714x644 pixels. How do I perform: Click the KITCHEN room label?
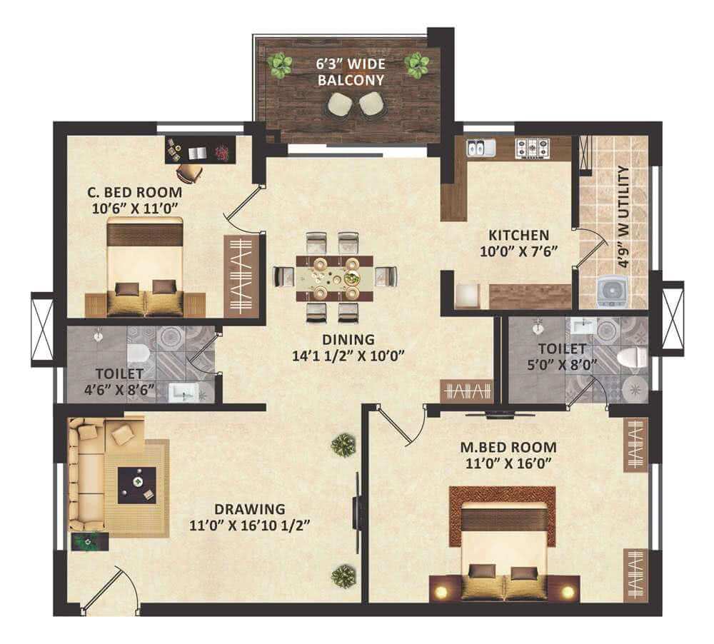518,236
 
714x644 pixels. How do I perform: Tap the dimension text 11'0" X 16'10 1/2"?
249,525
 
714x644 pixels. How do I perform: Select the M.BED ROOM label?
508,447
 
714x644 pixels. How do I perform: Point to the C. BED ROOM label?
135,192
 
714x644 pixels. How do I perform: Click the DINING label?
348,339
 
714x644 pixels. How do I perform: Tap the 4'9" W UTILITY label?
624,217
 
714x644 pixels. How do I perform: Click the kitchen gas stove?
532,147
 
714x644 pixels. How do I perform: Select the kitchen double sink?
481,148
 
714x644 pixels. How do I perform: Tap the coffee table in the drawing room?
137,485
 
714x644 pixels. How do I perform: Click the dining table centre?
334,278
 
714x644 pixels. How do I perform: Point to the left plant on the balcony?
279,65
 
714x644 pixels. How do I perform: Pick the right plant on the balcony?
417,65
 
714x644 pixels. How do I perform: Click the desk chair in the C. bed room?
189,171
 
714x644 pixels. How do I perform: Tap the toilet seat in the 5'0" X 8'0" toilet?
632,356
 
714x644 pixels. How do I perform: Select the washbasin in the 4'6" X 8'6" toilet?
184,393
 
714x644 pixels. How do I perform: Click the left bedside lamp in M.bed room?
441,592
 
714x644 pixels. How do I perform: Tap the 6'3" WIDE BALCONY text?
351,72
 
